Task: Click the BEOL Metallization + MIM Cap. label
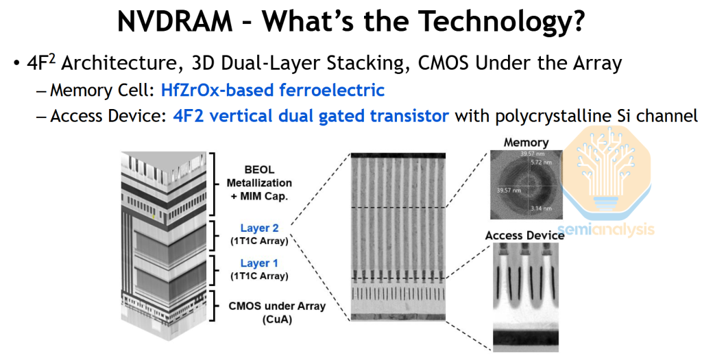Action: coord(259,183)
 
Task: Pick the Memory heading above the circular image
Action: coord(526,143)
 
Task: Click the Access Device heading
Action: coord(524,235)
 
